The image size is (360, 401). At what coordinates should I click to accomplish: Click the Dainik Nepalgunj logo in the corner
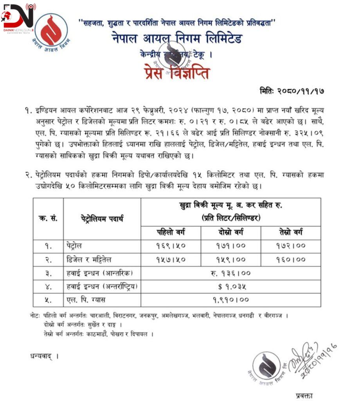[18, 18]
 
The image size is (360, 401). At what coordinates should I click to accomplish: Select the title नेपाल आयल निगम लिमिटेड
[176, 39]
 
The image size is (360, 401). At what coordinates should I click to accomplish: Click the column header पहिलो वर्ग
[171, 233]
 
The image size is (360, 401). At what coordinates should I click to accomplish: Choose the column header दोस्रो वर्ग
[230, 233]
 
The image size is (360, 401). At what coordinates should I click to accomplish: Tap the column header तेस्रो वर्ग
[290, 233]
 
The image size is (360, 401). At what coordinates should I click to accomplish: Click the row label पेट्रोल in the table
[74, 246]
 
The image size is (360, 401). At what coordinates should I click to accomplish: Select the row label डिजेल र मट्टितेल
[89, 260]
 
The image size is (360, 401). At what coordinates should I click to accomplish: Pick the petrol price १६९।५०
[171, 246]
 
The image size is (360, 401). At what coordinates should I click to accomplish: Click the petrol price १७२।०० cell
[290, 246]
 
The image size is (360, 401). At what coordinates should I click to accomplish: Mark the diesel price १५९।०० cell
[230, 260]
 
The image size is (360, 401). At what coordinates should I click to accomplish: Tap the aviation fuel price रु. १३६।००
[230, 273]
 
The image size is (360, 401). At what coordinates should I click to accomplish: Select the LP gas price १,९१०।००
[230, 300]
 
